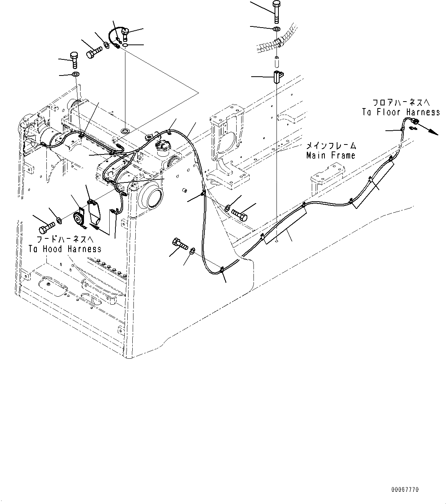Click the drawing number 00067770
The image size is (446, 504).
click(405, 490)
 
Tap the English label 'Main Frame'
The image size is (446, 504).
click(331, 156)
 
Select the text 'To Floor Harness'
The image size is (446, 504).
click(401, 112)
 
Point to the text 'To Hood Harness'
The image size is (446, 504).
click(65, 249)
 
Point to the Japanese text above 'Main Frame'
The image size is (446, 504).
click(331, 146)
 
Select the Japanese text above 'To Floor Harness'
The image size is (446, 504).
click(401, 103)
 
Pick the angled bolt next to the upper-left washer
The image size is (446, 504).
click(94, 52)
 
